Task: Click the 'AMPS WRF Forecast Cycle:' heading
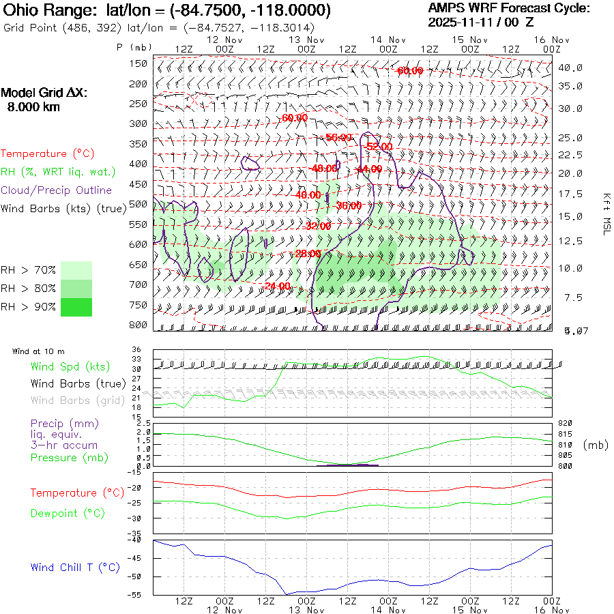coord(508,8)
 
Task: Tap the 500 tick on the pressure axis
coord(138,204)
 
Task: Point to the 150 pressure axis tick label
coord(138,63)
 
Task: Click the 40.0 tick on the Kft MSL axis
coord(570,68)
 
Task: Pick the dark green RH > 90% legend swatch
coord(76,307)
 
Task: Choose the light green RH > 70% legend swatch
coord(76,270)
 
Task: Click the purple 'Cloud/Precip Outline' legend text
coord(56,190)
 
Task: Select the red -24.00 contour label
coord(278,286)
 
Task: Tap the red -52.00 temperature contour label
coord(379,147)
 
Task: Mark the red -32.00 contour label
coord(318,226)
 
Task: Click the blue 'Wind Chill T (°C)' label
coord(75,568)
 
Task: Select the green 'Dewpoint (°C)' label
coord(68,513)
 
